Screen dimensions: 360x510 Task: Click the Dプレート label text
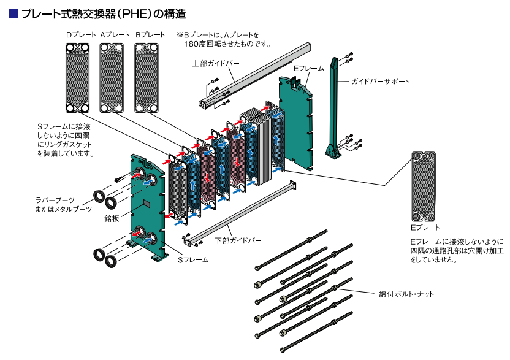78,35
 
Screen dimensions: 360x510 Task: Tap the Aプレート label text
114,35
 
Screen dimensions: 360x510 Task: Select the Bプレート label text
150,35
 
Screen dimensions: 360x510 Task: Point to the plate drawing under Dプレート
78,79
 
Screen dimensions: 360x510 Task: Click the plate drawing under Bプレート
151,79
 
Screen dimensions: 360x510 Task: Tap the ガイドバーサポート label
380,81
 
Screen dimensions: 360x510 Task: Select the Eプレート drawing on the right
424,187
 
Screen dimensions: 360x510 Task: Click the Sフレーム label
193,260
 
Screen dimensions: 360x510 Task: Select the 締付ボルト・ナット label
406,294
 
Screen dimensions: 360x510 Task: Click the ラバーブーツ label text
55,201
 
